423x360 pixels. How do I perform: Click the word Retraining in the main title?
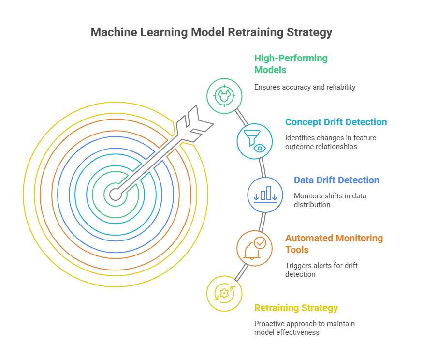[x=255, y=32]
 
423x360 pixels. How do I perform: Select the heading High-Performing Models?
[x=291, y=64]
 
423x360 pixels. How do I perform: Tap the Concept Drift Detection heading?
[x=336, y=122]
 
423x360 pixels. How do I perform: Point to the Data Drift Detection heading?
[x=336, y=180]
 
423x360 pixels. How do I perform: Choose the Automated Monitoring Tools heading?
[x=334, y=244]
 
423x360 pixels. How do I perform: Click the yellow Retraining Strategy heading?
[x=296, y=308]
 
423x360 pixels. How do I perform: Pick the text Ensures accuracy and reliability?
[x=305, y=87]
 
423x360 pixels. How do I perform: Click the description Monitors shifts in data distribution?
[x=330, y=200]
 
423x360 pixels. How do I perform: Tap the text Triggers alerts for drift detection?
[x=321, y=270]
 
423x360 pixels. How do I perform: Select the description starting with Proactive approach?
[x=304, y=328]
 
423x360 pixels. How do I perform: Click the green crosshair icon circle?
[x=224, y=96]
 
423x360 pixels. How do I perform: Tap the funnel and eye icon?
[x=255, y=141]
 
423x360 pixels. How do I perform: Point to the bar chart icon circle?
[x=265, y=195]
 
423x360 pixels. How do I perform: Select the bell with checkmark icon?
[x=255, y=248]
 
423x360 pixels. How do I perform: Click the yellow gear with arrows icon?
[x=224, y=294]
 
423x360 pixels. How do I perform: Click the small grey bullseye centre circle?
[x=116, y=195]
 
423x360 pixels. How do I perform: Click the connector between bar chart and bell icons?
[x=262, y=222]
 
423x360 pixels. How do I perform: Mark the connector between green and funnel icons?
[x=241, y=118]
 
